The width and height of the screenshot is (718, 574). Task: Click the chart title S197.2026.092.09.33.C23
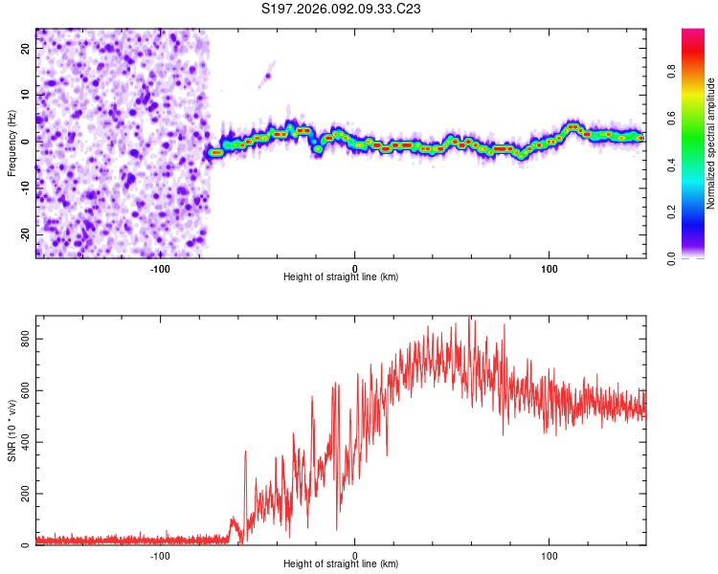point(342,9)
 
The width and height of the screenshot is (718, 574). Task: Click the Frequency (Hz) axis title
point(12,143)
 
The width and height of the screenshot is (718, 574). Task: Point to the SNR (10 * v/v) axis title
point(12,430)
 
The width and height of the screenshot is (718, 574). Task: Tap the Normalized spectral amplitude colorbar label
point(711,143)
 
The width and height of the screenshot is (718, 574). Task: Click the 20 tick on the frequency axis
point(26,50)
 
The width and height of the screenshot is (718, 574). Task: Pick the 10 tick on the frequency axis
point(26,96)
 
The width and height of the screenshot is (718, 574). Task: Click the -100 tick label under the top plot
point(160,268)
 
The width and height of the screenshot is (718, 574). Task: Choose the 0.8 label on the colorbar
point(672,71)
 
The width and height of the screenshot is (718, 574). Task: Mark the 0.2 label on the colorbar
point(672,211)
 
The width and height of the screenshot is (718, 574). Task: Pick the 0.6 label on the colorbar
point(672,118)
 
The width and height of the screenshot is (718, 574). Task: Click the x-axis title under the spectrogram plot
point(341,277)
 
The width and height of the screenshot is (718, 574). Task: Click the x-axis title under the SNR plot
point(341,564)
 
